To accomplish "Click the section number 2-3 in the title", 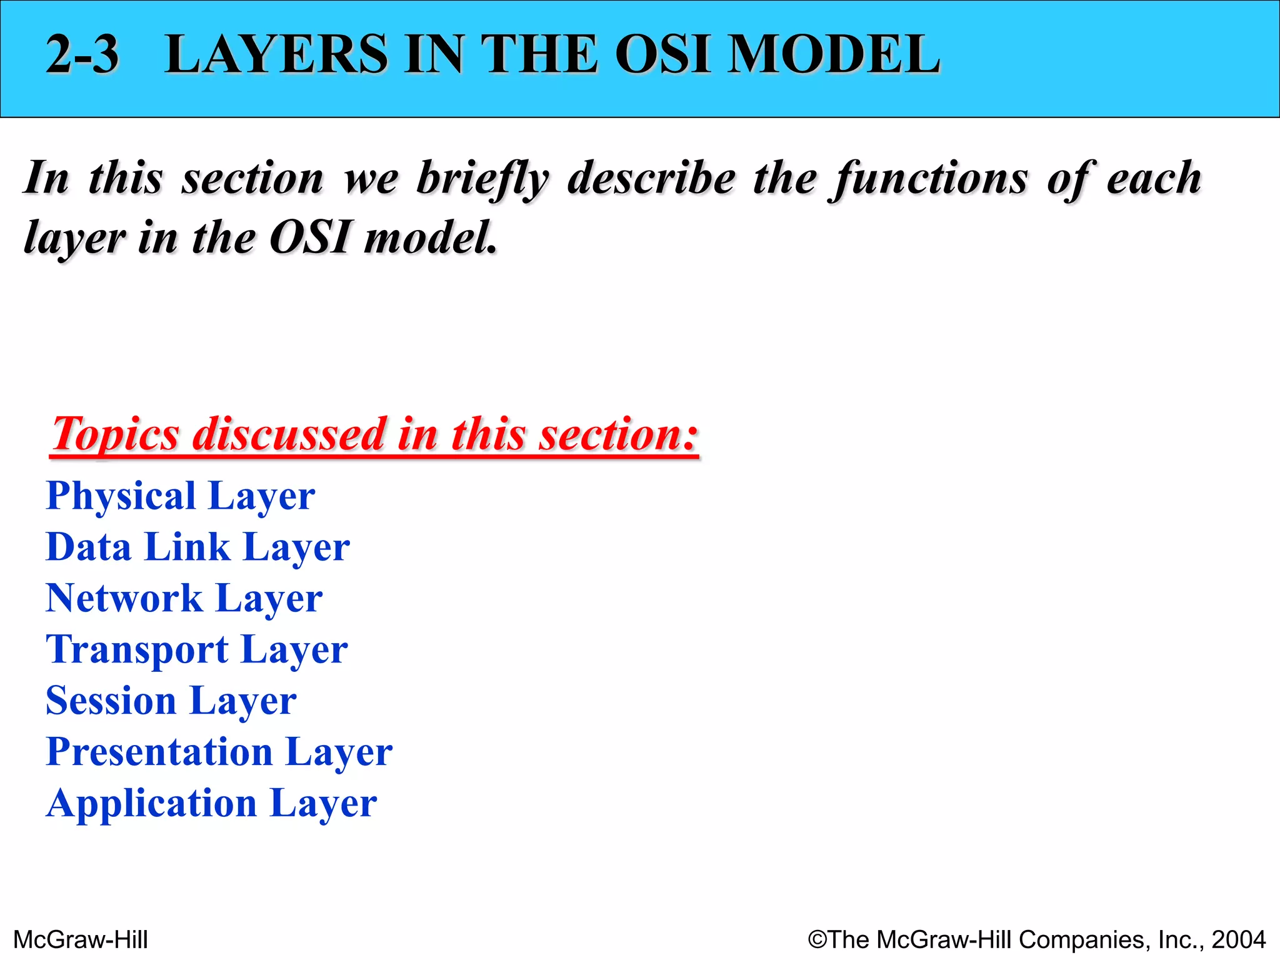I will point(82,55).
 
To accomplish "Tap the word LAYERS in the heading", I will point(276,55).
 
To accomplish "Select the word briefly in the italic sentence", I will point(483,179).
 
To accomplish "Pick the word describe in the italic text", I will point(651,179).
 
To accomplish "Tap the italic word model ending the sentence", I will point(431,239).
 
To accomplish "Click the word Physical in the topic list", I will point(121,497).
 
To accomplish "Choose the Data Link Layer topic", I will point(197,548).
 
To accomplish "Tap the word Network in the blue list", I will point(124,599).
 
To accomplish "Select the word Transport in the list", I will point(137,650).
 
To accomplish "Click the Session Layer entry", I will point(171,701).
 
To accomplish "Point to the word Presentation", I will point(159,752).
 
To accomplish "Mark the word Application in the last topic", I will point(151,804).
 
